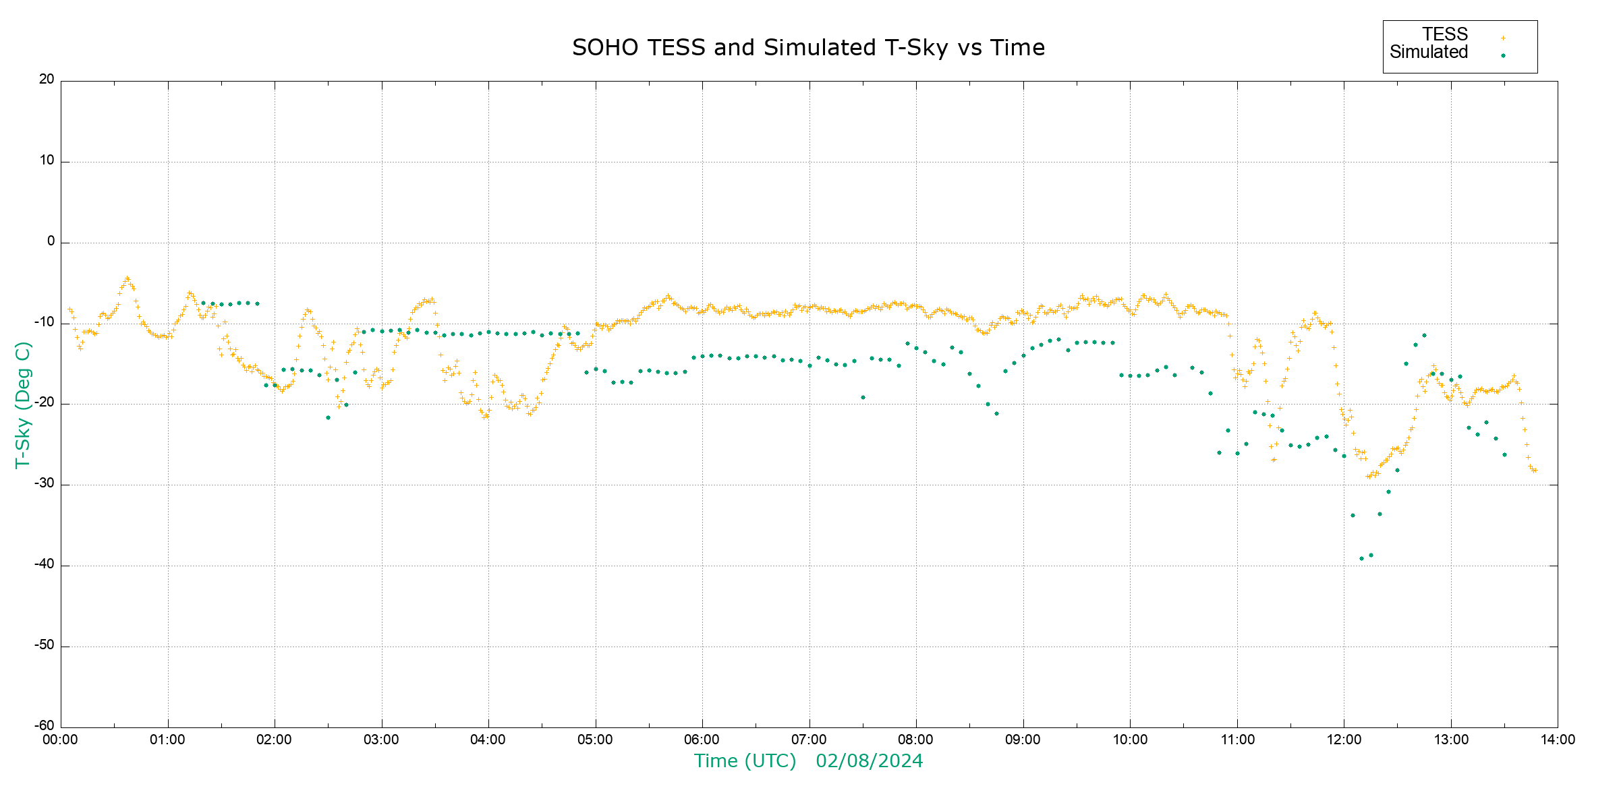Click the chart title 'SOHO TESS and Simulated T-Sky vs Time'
pyautogui.click(x=808, y=48)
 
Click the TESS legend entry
pyautogui.click(x=1445, y=34)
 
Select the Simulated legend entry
pyautogui.click(x=1429, y=53)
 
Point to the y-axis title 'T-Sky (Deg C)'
pyautogui.click(x=23, y=404)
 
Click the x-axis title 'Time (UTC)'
pyautogui.click(x=745, y=761)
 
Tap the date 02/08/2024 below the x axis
pyautogui.click(x=869, y=761)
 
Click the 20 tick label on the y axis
pyautogui.click(x=47, y=80)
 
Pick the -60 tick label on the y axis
pyautogui.click(x=45, y=726)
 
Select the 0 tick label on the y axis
pyautogui.click(x=51, y=241)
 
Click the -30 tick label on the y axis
pyautogui.click(x=45, y=484)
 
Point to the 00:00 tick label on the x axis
pyautogui.click(x=60, y=740)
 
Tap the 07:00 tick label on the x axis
pyautogui.click(x=809, y=740)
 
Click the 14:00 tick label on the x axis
pyautogui.click(x=1558, y=740)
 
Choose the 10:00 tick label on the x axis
pyautogui.click(x=1130, y=740)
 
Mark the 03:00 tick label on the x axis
pyautogui.click(x=381, y=740)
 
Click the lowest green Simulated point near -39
pyautogui.click(x=1361, y=558)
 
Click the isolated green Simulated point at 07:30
pyautogui.click(x=863, y=397)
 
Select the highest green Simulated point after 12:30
pyautogui.click(x=1424, y=335)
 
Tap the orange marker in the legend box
pyautogui.click(x=1503, y=38)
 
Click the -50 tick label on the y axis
pyautogui.click(x=45, y=645)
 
